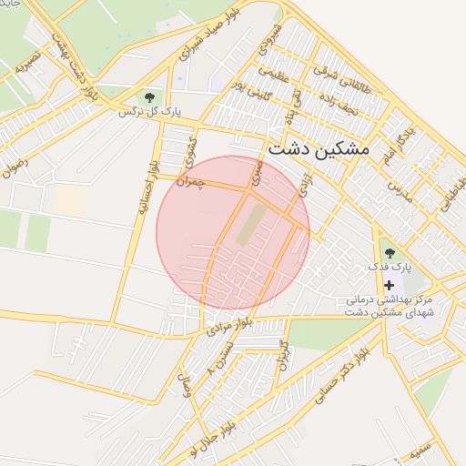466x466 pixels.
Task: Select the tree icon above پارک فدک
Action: pyautogui.click(x=390, y=252)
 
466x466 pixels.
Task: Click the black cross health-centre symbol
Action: pyautogui.click(x=389, y=285)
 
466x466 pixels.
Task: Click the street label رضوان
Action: pyautogui.click(x=15, y=167)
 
